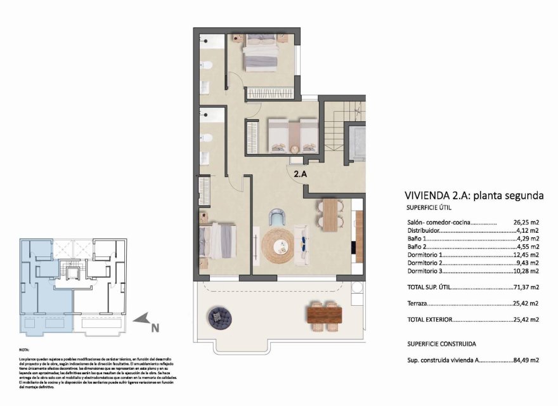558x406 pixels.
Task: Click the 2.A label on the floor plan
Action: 301,171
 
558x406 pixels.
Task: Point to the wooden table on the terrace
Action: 325,313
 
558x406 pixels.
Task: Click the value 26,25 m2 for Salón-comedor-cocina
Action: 526,223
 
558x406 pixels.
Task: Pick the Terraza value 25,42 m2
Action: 526,304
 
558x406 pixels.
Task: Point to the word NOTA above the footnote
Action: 25,350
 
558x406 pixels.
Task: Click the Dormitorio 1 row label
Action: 426,255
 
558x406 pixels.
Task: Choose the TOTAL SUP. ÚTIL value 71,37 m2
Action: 526,287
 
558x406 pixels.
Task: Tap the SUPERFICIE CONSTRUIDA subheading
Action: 441,343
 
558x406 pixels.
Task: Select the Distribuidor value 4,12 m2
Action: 528,231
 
